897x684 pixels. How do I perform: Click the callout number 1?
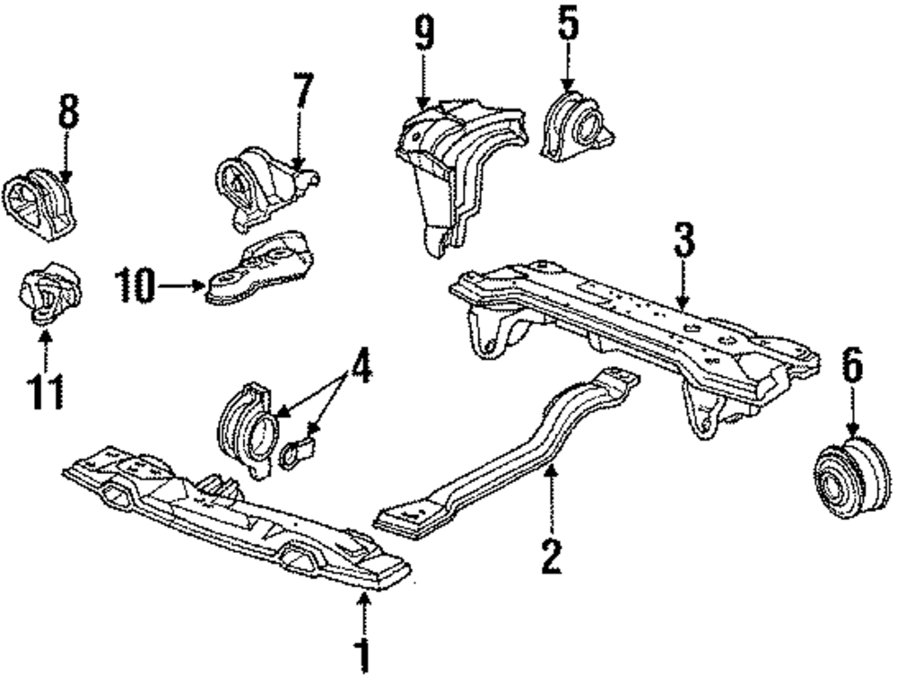tap(363, 654)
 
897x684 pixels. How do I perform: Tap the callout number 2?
tap(550, 554)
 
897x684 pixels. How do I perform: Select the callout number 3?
tap(684, 243)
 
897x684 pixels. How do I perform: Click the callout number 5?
tap(568, 25)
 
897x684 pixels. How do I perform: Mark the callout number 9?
tap(423, 34)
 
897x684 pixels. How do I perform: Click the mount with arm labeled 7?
tap(256, 184)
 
